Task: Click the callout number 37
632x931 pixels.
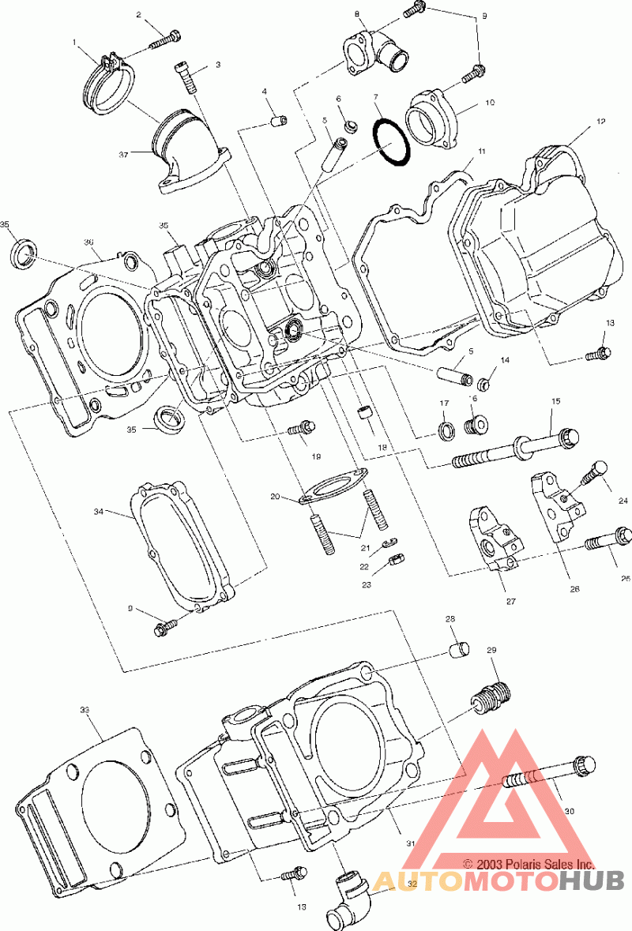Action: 123,154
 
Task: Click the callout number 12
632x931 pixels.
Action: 601,121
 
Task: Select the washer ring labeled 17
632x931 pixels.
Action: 446,432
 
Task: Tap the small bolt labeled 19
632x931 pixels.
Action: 302,427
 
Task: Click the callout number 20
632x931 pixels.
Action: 275,497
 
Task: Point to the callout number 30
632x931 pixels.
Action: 569,811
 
